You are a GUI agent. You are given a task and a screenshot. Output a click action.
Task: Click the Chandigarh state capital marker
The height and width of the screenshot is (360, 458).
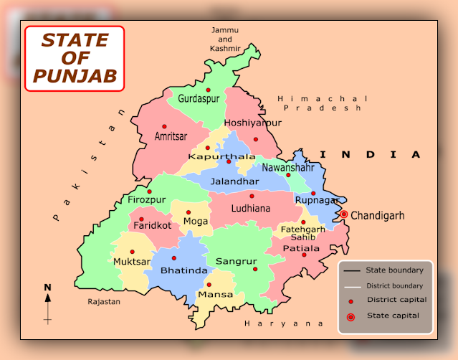click(344, 214)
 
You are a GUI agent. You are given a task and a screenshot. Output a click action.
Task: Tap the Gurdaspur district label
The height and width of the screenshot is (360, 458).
click(199, 98)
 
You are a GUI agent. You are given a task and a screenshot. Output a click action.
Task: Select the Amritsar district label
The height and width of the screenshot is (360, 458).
click(171, 136)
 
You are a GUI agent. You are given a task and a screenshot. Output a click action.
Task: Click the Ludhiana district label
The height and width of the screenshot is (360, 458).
click(251, 209)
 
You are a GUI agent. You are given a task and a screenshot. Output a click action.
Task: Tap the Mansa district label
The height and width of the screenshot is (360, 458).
click(216, 295)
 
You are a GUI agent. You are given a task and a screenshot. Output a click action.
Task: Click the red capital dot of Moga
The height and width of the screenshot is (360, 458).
click(188, 212)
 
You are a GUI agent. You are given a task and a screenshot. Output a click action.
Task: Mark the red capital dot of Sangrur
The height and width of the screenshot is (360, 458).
click(254, 269)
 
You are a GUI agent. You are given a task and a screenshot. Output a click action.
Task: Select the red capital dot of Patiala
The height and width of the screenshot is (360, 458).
click(304, 255)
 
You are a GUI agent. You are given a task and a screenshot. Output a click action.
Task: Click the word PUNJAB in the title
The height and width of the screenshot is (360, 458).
click(74, 75)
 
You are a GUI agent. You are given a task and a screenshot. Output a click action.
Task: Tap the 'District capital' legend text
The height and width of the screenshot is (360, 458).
click(396, 300)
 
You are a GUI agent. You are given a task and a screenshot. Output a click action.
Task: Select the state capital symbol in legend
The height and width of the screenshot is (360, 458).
click(350, 316)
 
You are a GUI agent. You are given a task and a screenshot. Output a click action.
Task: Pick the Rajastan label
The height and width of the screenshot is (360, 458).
click(104, 302)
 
